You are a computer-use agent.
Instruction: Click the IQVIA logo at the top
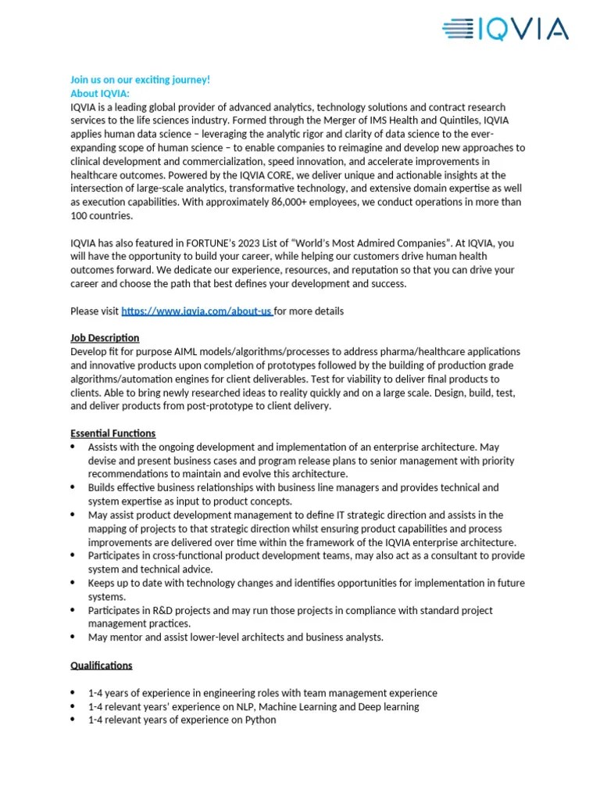(x=505, y=31)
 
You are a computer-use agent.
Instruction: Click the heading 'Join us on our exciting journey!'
(x=140, y=80)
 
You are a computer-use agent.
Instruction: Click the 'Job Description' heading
(x=105, y=338)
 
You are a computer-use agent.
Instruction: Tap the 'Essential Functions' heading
(x=112, y=433)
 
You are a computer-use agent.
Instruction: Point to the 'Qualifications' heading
(x=101, y=666)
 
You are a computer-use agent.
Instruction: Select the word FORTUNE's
(x=212, y=243)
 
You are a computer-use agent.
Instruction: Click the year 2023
(x=253, y=243)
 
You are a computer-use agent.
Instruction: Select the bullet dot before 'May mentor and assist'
(x=73, y=637)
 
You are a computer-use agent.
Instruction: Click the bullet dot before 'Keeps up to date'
(x=73, y=583)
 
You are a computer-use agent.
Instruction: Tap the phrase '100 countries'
(x=101, y=216)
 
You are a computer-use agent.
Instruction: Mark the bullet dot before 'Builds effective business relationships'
(x=73, y=487)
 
